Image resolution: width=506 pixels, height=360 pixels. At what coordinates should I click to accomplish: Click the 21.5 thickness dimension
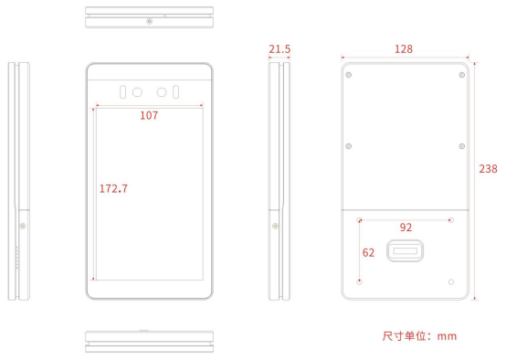279,49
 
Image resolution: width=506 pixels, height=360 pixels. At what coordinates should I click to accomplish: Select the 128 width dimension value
404,49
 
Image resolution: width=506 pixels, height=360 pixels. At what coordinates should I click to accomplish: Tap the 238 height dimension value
488,168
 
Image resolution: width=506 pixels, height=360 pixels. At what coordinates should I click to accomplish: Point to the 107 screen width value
149,115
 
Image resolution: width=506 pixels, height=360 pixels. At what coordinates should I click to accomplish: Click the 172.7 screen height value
113,188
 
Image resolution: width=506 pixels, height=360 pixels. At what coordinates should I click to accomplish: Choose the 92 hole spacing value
406,228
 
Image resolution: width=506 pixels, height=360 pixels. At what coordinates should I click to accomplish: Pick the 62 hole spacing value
368,252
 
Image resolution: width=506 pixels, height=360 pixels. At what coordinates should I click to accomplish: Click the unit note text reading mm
447,336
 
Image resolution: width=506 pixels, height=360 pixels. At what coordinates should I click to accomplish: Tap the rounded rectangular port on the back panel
405,250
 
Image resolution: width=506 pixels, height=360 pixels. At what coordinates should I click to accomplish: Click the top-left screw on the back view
349,75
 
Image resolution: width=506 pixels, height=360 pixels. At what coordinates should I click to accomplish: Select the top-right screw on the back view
462,75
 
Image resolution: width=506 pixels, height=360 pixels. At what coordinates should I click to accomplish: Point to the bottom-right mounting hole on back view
451,281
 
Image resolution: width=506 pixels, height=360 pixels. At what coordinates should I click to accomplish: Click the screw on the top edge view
149,21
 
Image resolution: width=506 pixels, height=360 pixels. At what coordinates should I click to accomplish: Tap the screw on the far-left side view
23,226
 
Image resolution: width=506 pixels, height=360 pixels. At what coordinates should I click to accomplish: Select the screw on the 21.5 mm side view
275,226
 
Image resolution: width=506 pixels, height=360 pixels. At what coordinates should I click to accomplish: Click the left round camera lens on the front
137,92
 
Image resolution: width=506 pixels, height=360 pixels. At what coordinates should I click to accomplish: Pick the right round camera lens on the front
162,92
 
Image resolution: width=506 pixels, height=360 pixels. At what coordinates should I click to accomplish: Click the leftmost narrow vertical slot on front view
122,92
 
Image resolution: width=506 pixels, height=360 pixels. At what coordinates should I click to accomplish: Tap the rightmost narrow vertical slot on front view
176,92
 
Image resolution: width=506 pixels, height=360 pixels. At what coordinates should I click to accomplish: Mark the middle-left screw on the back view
349,146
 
